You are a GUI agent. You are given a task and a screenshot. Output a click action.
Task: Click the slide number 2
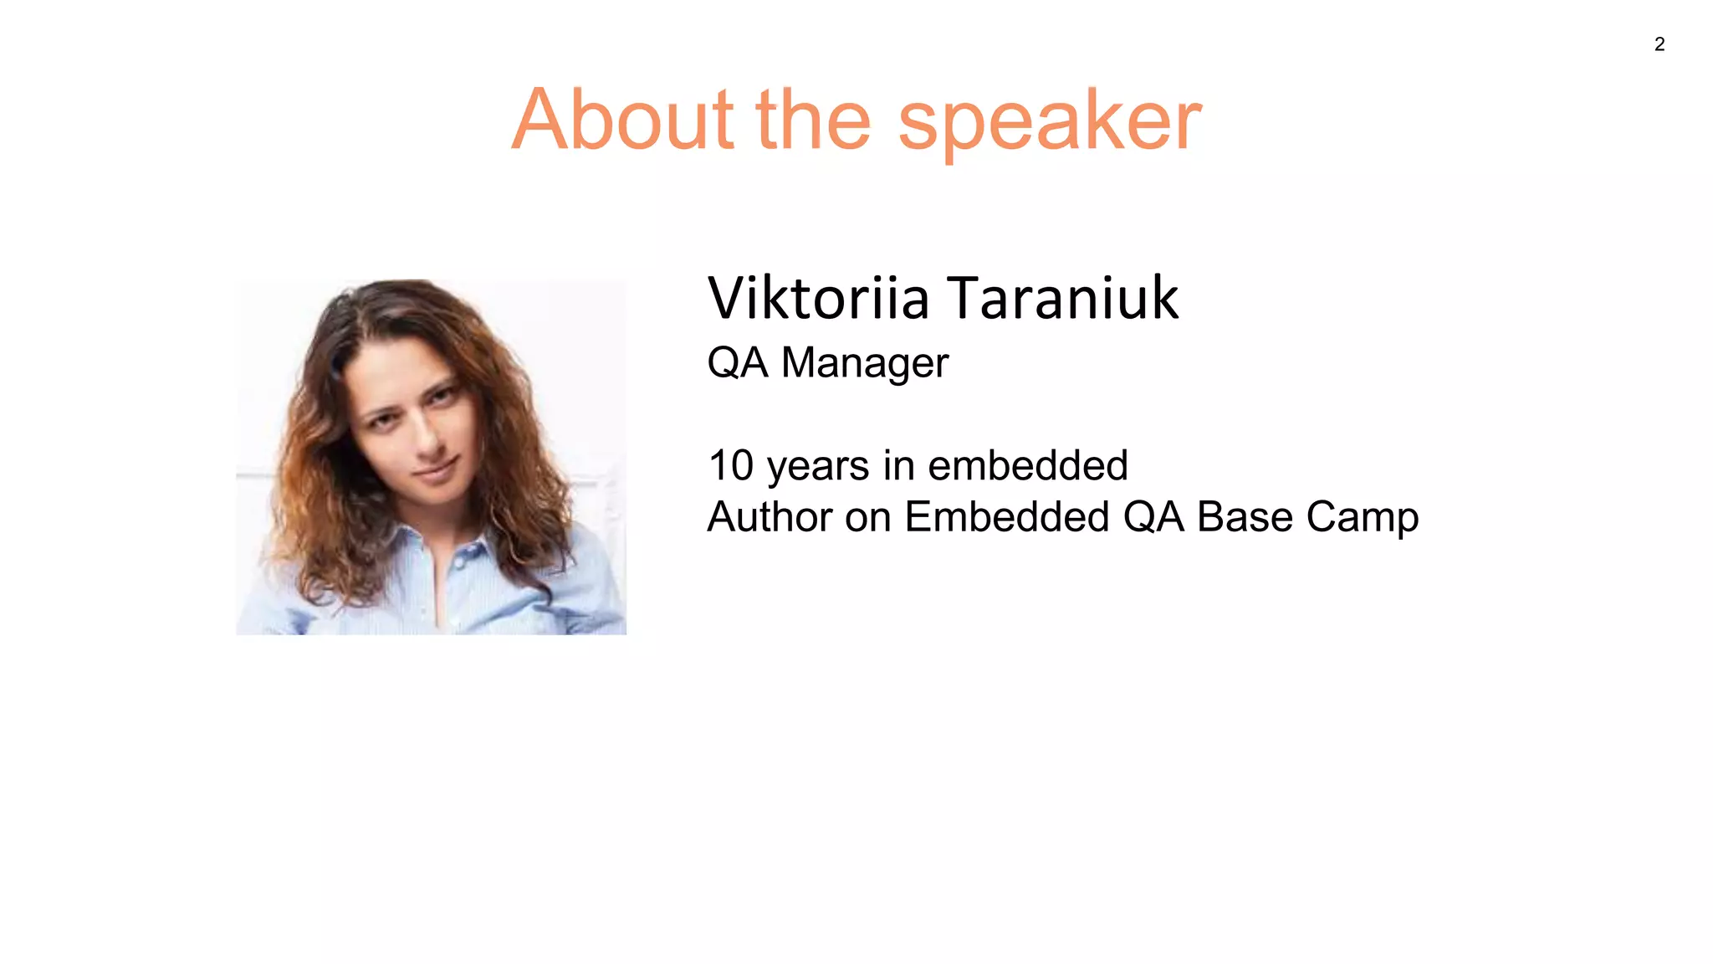1659,44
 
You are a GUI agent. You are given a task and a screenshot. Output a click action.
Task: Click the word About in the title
622,120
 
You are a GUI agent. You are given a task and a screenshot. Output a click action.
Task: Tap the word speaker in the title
1050,124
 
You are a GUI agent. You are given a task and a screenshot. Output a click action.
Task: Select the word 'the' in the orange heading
813,120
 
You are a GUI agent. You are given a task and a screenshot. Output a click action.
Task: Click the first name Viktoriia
818,298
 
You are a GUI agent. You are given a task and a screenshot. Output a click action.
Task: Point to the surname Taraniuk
1062,298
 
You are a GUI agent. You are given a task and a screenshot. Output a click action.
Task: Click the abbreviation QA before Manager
737,363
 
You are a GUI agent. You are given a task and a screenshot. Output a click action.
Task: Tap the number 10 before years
730,465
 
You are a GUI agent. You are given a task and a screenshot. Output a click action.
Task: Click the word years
817,467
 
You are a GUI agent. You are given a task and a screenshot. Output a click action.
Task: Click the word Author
770,517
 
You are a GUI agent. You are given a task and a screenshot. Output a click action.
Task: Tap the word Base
1245,517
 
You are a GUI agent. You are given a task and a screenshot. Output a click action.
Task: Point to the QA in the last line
1153,517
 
